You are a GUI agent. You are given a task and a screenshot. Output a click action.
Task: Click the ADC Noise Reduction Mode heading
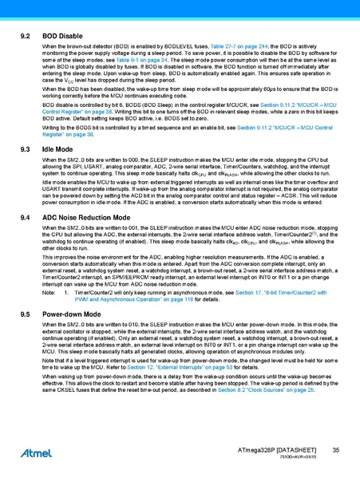click(86, 216)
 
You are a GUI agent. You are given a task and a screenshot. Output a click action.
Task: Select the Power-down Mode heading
click(71, 315)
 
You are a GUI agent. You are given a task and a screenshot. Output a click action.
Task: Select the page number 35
click(336, 452)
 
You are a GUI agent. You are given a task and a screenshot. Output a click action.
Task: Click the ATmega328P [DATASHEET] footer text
click(278, 452)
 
